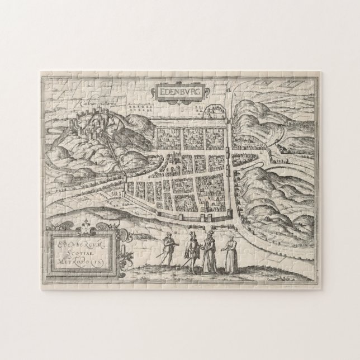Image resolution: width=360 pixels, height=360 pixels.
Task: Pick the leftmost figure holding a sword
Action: click(167, 249)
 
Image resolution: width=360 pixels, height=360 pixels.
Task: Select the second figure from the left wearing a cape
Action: click(190, 251)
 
